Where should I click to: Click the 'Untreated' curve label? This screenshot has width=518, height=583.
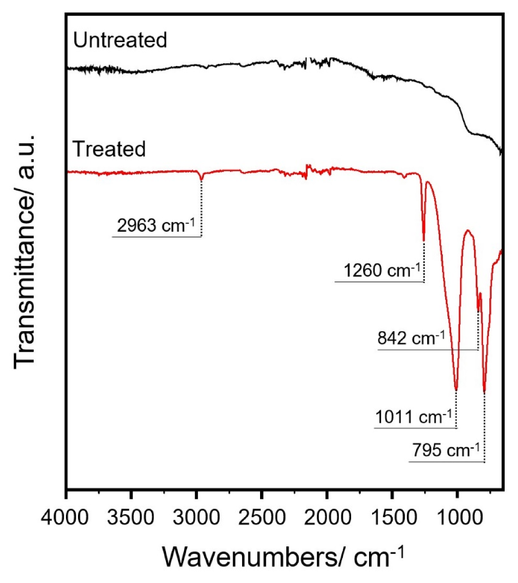coord(120,40)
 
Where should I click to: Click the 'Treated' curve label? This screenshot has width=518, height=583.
coord(109,149)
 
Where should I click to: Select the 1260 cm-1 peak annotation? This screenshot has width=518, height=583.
coord(382,271)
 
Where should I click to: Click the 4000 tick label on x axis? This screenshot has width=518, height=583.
coord(65,517)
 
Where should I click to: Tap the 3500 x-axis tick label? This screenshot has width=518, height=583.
coord(131,517)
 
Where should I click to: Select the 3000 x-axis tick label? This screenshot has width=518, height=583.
coord(196,517)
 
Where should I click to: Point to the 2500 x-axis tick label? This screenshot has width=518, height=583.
coord(261,517)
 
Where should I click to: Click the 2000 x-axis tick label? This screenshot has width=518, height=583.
coord(327,517)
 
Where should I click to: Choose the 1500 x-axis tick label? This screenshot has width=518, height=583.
coord(392,517)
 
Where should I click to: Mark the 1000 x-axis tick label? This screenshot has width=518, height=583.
coord(457,517)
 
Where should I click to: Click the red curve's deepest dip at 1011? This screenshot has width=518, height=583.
coord(456,389)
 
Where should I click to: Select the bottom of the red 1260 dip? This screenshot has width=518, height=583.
coord(424,240)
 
